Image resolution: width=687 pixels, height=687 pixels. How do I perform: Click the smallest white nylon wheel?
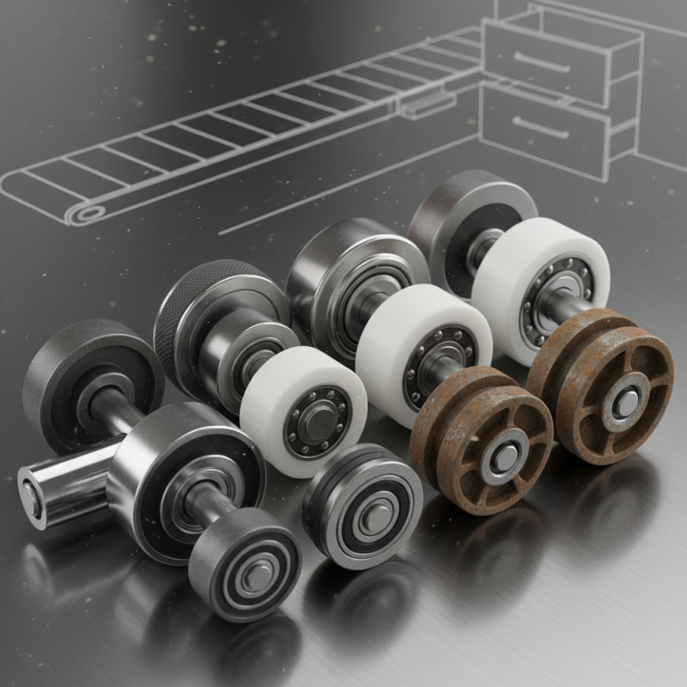pos(296,412)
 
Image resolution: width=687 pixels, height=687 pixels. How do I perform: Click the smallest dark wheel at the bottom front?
pos(249,567)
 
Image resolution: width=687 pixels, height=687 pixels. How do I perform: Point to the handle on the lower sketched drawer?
pos(541,131)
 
